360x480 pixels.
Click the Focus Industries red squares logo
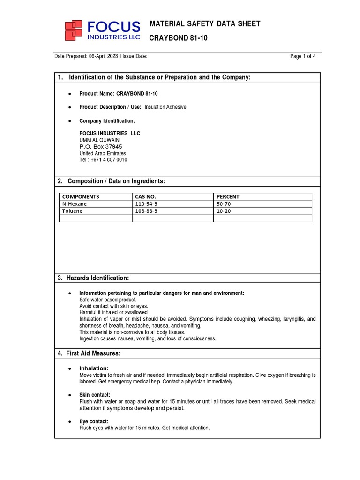coord(75,30)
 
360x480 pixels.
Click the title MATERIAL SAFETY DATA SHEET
coord(205,24)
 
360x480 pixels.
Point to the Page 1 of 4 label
coord(303,57)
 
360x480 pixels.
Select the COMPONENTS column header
coord(81,197)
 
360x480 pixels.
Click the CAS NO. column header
coord(145,197)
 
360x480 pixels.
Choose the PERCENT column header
coord(228,197)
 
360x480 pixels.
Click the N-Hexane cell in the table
coord(75,204)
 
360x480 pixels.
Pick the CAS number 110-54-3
coord(146,204)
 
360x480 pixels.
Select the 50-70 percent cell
coord(224,204)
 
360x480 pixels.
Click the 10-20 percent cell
coord(224,211)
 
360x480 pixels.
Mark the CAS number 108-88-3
coord(146,211)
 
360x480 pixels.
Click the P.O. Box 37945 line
coord(101,147)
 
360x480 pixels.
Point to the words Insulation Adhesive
coord(165,107)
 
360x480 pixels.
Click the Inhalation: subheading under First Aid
coord(94,368)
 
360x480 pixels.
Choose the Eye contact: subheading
coord(94,421)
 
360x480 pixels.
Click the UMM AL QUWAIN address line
coord(99,140)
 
